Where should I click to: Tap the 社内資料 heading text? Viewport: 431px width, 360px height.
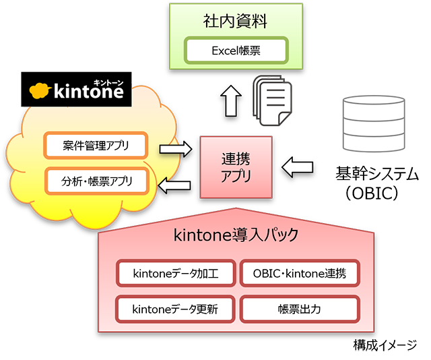pyautogui.click(x=235, y=21)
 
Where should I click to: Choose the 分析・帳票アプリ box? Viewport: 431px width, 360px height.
pyautogui.click(x=96, y=181)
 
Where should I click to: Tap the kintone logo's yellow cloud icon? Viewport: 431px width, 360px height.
pyautogui.click(x=42, y=91)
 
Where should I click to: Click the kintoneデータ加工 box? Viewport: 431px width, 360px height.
pyautogui.click(x=176, y=273)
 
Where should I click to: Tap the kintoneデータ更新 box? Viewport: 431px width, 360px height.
pyautogui.click(x=176, y=309)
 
